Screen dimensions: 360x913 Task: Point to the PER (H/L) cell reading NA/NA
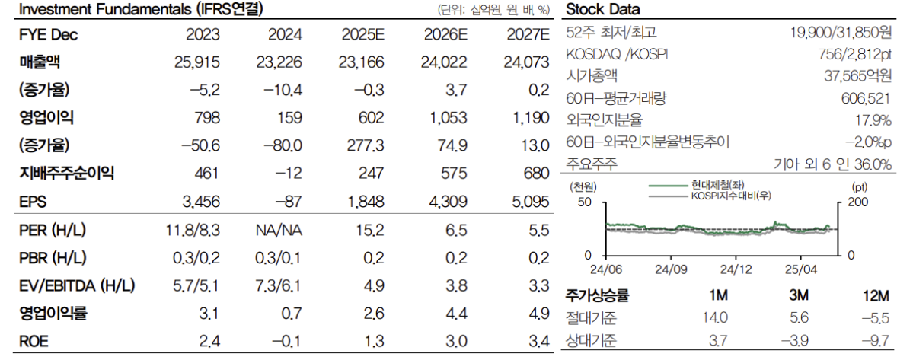[x=279, y=230]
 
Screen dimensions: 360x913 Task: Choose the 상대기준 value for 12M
[x=876, y=340]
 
